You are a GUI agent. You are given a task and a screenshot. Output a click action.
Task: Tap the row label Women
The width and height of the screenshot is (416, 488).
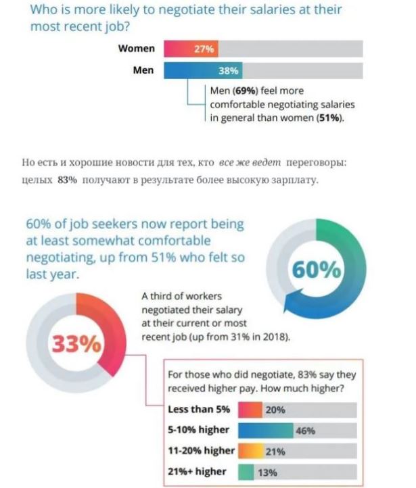point(137,49)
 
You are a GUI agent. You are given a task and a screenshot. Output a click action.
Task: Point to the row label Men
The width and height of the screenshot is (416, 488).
point(143,70)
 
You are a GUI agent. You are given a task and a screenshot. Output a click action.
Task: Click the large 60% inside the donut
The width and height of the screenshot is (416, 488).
point(317,270)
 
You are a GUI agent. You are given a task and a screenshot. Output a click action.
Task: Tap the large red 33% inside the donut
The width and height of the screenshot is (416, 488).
point(75,344)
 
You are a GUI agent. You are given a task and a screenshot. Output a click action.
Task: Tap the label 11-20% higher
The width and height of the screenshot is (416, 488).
point(200,451)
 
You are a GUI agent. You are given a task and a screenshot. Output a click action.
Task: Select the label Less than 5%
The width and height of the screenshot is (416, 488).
point(198,410)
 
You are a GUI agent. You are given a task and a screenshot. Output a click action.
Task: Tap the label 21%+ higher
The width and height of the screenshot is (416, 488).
point(197,472)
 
